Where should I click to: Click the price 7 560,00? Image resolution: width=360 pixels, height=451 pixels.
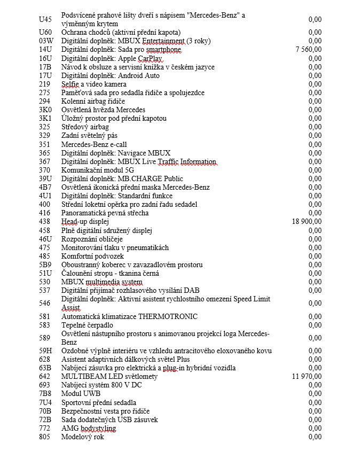click(x=308, y=50)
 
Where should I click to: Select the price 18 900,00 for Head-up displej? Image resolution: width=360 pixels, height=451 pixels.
click(x=307, y=221)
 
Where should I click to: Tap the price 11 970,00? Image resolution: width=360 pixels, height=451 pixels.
click(x=307, y=376)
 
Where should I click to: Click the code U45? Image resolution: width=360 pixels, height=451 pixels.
click(x=45, y=19)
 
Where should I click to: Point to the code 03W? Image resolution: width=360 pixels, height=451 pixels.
click(x=46, y=41)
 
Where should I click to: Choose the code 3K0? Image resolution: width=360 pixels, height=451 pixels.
click(x=45, y=110)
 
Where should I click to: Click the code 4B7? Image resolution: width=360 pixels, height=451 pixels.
click(x=45, y=187)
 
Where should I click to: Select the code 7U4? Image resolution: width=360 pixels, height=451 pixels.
click(x=45, y=402)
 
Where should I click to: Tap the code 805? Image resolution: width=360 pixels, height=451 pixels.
click(x=45, y=437)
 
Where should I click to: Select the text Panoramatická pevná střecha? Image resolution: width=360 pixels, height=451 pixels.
click(x=105, y=213)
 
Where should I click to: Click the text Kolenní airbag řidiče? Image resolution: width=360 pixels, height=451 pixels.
click(x=93, y=101)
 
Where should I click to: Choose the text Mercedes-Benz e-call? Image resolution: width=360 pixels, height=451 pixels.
click(x=94, y=144)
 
